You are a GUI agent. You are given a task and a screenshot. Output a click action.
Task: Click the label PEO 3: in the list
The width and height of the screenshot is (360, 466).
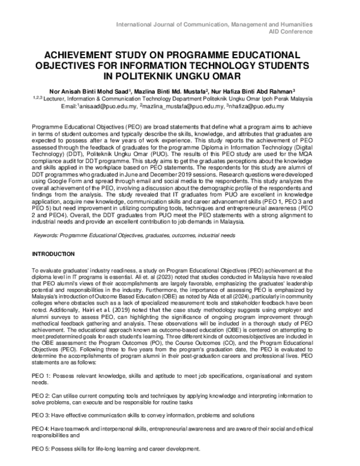40,415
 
